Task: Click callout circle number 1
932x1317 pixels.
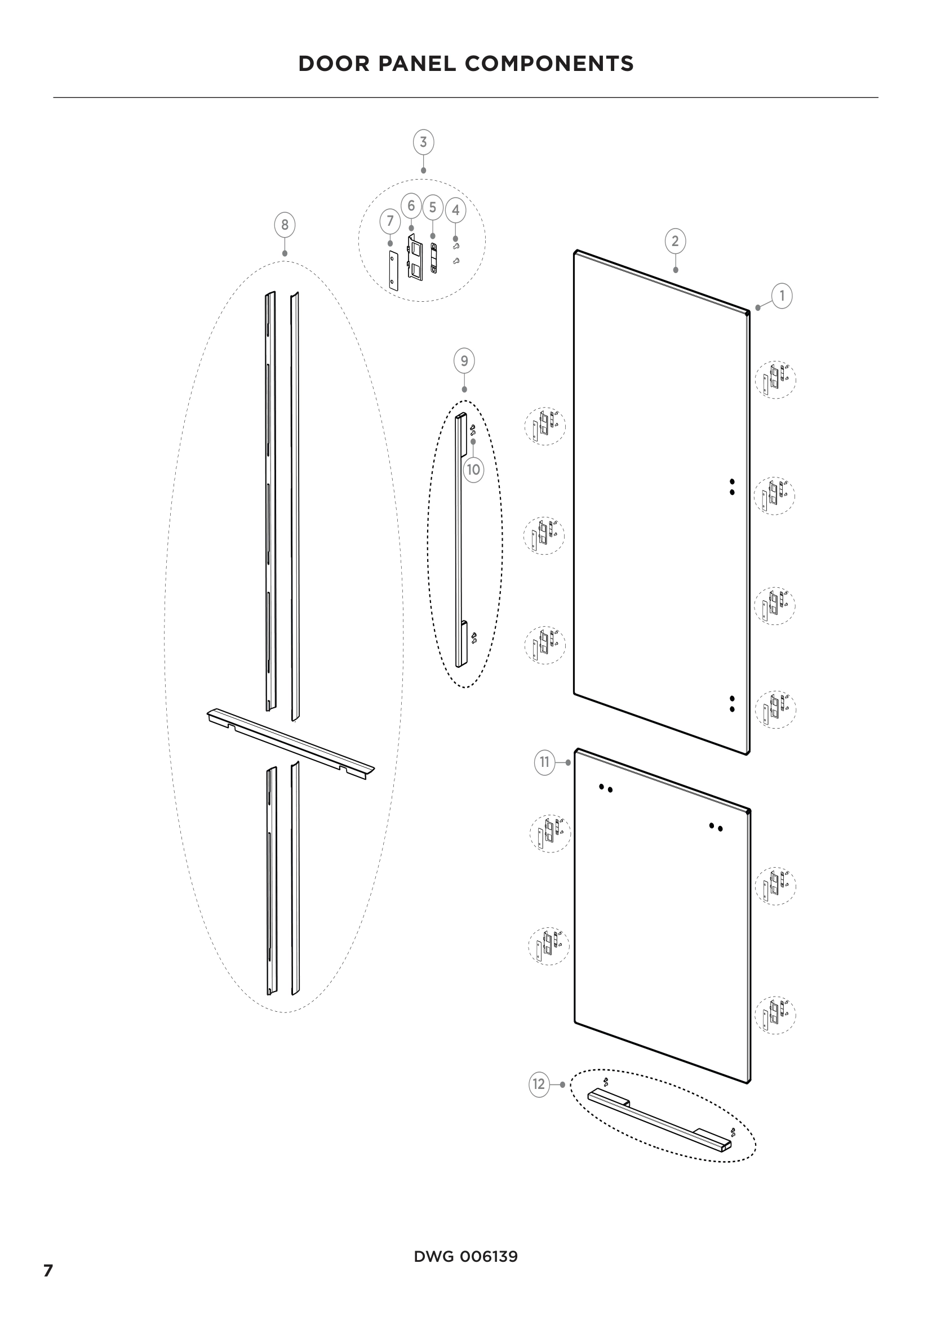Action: [782, 296]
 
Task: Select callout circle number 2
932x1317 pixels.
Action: [675, 241]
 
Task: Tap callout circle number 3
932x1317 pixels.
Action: [424, 142]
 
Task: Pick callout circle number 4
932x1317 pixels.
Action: [456, 210]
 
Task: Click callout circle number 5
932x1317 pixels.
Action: [433, 207]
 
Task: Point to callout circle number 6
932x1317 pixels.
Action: [411, 206]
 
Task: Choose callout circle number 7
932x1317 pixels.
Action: [390, 221]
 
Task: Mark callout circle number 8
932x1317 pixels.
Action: [285, 225]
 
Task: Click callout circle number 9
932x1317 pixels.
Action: [464, 361]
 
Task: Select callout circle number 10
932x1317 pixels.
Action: [473, 470]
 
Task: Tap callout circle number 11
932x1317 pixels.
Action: [545, 762]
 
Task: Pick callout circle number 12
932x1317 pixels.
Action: [539, 1084]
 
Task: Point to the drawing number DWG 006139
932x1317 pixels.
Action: [465, 1257]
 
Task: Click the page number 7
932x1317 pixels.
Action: [48, 1270]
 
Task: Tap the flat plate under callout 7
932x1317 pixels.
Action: [393, 270]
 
